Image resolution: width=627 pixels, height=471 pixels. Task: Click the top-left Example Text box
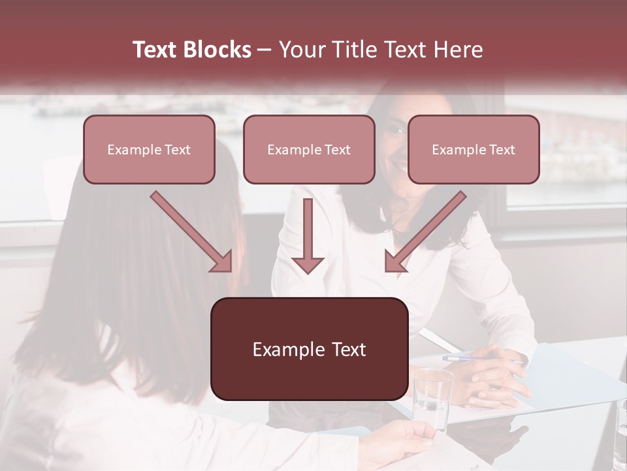pyautogui.click(x=149, y=150)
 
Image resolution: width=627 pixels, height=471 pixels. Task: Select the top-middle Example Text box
pyautogui.click(x=309, y=150)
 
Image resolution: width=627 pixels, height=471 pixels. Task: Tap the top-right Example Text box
pyautogui.click(x=474, y=150)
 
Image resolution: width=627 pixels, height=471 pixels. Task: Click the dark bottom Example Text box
pyautogui.click(x=309, y=349)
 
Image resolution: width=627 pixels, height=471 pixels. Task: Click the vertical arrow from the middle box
pyautogui.click(x=308, y=235)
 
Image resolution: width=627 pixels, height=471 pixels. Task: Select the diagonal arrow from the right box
pyautogui.click(x=425, y=232)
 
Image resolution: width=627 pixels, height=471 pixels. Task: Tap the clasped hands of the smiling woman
pyautogui.click(x=496, y=376)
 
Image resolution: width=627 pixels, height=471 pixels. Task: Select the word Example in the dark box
pyautogui.click(x=285, y=350)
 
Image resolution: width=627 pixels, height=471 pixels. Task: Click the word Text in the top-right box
pyautogui.click(x=502, y=150)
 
